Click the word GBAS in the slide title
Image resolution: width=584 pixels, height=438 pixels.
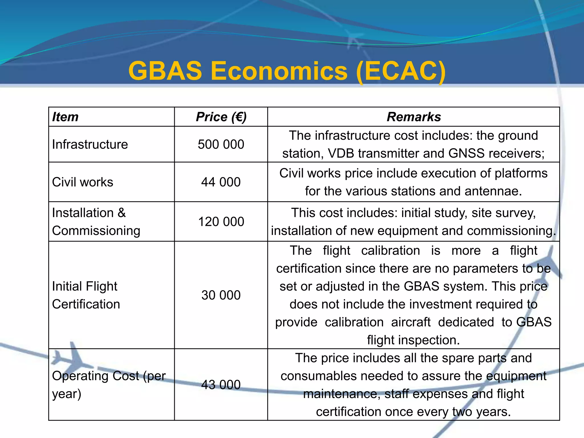[165, 71]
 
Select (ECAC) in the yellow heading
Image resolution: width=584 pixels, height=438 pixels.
[401, 71]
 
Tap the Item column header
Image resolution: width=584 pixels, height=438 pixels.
[65, 117]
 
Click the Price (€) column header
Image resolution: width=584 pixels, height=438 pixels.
[221, 117]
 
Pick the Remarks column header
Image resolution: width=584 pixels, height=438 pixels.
[413, 117]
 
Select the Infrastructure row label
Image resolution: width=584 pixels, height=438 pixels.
[90, 144]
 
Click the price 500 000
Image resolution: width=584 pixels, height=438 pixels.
[221, 144]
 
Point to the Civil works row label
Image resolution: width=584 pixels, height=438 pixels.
[82, 182]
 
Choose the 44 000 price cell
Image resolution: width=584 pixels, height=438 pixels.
[221, 182]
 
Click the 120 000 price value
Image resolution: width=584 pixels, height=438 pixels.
[221, 222]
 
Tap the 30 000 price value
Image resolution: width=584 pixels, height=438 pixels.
[221, 295]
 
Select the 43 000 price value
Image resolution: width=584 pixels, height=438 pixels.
[221, 385]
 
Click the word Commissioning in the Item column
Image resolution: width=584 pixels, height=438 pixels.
[96, 231]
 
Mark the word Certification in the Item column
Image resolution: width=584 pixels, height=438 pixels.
[86, 304]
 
